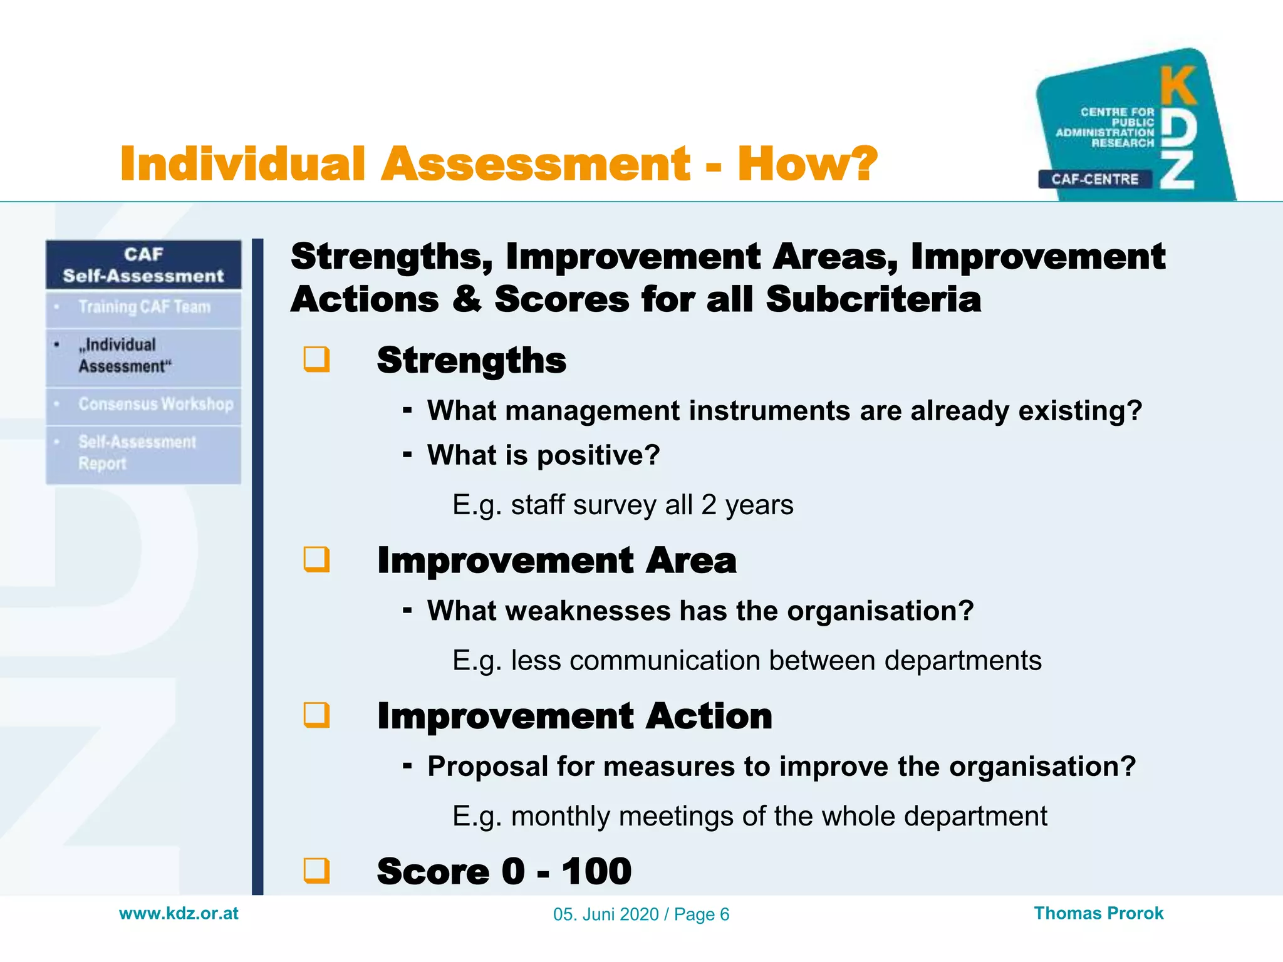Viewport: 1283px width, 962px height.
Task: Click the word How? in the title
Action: [x=807, y=164]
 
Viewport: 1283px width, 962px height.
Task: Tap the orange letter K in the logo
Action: [x=1178, y=86]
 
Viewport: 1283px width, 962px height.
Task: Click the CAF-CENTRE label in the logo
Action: [x=1094, y=179]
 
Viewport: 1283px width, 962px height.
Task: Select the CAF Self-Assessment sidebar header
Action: [x=143, y=265]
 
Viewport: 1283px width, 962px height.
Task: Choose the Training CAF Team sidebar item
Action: [x=144, y=307]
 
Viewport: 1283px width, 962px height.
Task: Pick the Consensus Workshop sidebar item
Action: [x=155, y=404]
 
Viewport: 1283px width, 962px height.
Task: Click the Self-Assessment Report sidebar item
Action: [x=137, y=452]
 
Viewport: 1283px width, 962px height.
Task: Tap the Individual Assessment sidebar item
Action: [x=124, y=355]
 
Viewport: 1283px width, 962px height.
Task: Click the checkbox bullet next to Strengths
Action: [x=316, y=359]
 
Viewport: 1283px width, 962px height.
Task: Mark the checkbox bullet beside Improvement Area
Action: [x=316, y=559]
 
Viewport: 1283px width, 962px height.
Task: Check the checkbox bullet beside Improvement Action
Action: [x=316, y=715]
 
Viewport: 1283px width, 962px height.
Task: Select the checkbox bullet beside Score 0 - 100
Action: [x=316, y=870]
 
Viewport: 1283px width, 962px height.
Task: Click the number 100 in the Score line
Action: [x=596, y=871]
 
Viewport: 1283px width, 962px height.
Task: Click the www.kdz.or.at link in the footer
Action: [x=179, y=913]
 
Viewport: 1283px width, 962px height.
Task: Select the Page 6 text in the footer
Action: [x=702, y=914]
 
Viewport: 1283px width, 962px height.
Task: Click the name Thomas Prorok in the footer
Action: [x=1098, y=913]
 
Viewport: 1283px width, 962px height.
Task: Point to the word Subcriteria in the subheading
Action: [x=873, y=299]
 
